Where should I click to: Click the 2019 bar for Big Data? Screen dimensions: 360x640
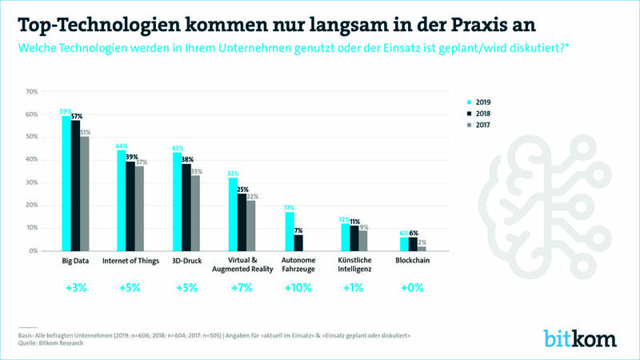[x=67, y=184]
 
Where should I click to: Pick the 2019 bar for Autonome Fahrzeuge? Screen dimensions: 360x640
[x=288, y=231]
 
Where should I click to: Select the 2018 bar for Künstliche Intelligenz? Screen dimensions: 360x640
[x=354, y=238]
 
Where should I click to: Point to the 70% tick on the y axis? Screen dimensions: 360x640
[x=33, y=92]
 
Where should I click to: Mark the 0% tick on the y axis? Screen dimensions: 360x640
[x=33, y=250]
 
